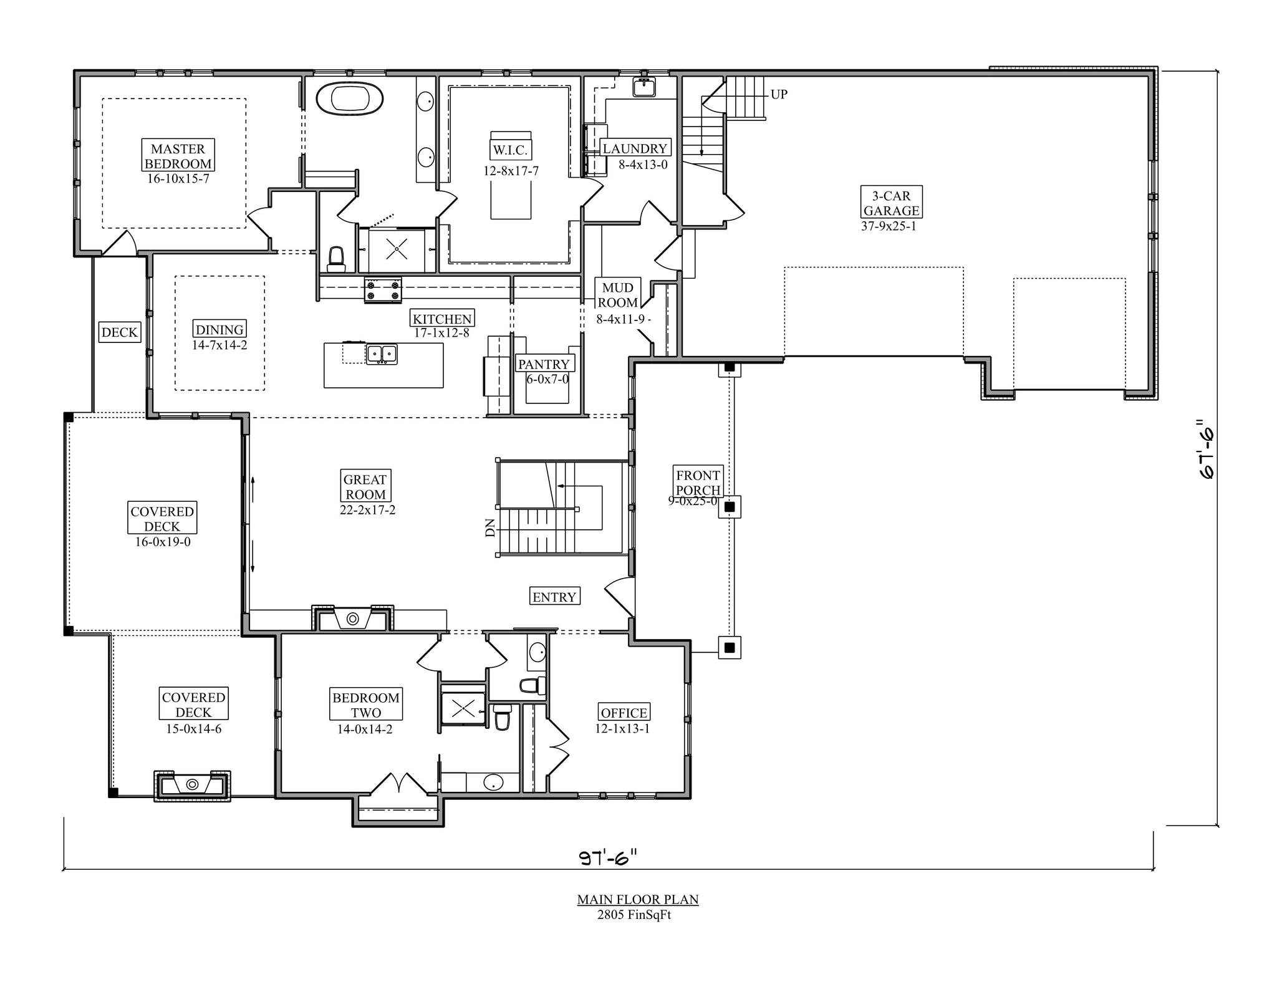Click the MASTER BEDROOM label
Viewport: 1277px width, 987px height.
(178, 156)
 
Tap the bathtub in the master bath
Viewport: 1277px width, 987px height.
(349, 99)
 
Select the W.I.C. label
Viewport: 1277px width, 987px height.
(511, 150)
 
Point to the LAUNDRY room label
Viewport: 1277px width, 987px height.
(635, 148)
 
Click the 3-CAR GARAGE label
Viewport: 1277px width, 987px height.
(891, 203)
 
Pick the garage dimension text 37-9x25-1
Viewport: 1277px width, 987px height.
(889, 226)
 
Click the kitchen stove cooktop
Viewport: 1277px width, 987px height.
(383, 291)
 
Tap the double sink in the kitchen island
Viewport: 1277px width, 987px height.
(382, 354)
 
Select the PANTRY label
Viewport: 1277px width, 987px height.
(544, 364)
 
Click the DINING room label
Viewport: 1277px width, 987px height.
(219, 329)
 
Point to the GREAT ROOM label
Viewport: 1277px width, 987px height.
(365, 487)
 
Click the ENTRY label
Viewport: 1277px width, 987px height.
(554, 597)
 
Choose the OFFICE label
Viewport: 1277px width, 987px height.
(624, 713)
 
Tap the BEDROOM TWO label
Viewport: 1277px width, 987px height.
(366, 705)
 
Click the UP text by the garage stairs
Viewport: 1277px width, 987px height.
(779, 94)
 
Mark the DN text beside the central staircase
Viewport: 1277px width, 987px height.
(490, 527)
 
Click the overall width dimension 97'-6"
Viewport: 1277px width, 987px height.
(608, 859)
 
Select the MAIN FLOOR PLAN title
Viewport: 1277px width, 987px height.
(638, 899)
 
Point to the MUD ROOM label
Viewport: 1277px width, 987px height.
(618, 295)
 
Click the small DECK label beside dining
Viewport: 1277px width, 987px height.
(120, 332)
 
